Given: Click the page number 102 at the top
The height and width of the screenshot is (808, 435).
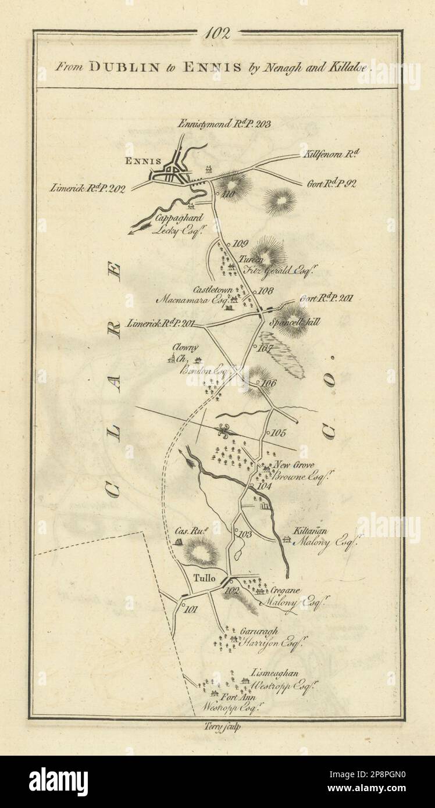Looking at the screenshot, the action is (x=217, y=33).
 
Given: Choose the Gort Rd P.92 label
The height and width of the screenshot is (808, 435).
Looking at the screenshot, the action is (x=331, y=184).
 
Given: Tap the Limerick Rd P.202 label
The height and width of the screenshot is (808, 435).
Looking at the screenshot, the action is (x=87, y=188).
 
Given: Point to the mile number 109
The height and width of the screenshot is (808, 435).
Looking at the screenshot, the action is (x=240, y=244).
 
